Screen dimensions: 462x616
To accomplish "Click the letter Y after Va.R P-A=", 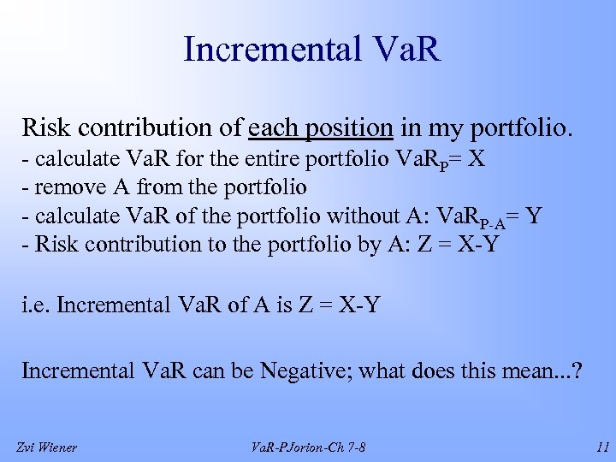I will (x=534, y=216).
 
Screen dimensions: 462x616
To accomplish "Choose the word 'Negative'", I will (x=308, y=370).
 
